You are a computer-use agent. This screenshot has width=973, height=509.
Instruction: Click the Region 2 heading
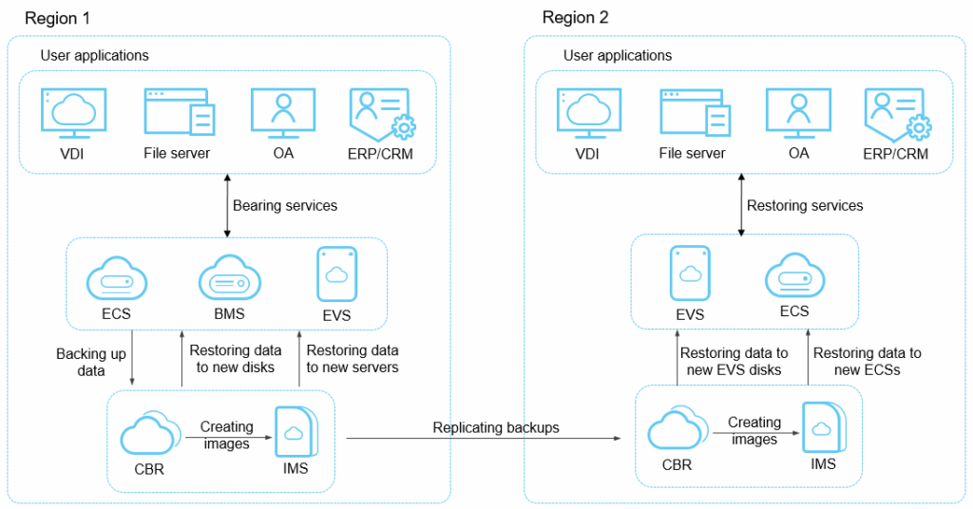click(x=576, y=18)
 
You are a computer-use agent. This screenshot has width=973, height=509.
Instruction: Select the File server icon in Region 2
click(x=694, y=113)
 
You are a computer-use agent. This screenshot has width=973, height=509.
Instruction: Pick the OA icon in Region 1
click(x=282, y=113)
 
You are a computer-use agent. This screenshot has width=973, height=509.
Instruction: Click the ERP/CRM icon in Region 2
click(x=895, y=114)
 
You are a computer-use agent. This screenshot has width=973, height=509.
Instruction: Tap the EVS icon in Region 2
click(x=690, y=274)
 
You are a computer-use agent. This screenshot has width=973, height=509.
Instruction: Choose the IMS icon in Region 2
click(x=823, y=429)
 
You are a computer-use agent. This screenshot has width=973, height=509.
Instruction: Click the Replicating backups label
click(x=496, y=428)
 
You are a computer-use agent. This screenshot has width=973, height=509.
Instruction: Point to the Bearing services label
click(x=285, y=205)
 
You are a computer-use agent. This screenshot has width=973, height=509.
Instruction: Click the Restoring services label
click(x=805, y=205)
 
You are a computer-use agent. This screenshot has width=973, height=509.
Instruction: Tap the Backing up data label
click(x=91, y=363)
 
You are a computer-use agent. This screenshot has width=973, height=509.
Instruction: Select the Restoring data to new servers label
click(x=353, y=359)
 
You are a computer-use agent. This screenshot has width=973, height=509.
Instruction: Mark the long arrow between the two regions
click(x=483, y=440)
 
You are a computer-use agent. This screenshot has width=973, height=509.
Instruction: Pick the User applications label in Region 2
click(x=618, y=56)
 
